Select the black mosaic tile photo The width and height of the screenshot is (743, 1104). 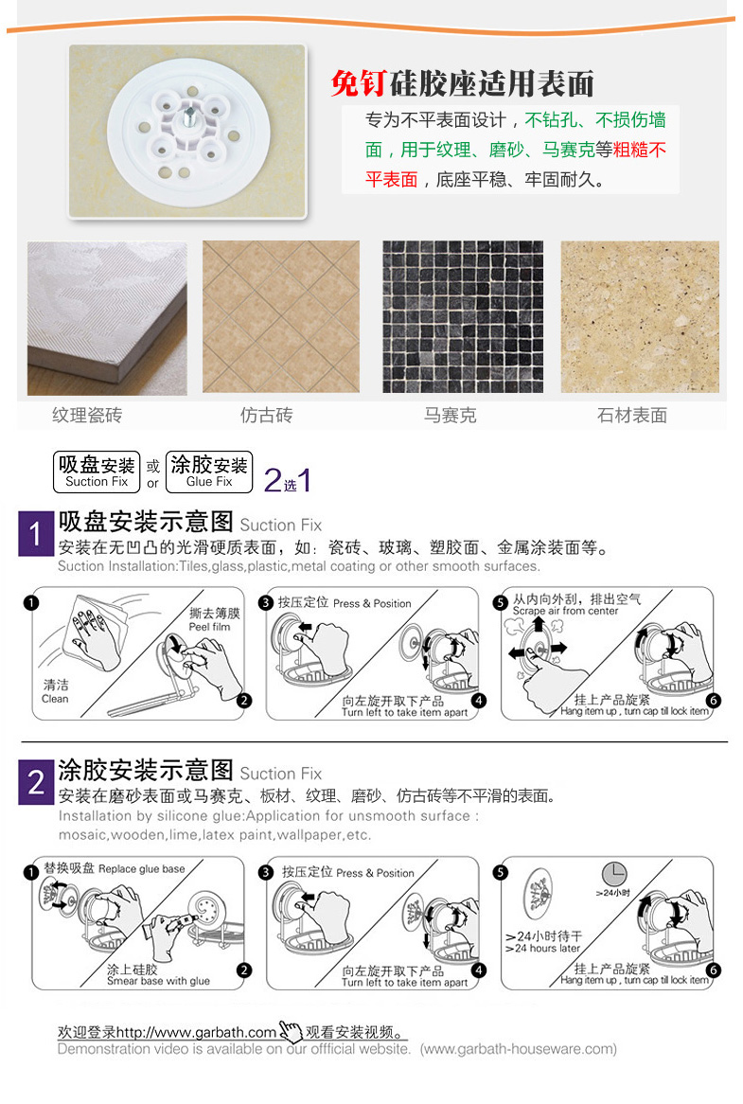click(x=463, y=317)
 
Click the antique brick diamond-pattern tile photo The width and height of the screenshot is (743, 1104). click(x=281, y=317)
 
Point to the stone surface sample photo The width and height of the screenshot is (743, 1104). click(x=640, y=317)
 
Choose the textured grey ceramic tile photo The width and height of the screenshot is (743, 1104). click(x=107, y=318)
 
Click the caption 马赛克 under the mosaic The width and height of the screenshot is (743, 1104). click(x=451, y=416)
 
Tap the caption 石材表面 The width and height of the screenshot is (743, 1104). click(x=632, y=416)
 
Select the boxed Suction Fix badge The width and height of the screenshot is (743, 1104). click(x=97, y=472)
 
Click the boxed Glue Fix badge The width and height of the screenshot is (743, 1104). click(x=209, y=472)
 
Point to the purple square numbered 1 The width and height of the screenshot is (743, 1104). click(x=36, y=534)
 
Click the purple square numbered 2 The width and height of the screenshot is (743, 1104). click(x=36, y=782)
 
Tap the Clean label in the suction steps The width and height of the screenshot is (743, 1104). click(x=55, y=699)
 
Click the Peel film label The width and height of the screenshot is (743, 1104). click(x=209, y=627)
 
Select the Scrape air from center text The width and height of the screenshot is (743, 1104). click(x=565, y=611)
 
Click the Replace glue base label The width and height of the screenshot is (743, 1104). click(x=141, y=869)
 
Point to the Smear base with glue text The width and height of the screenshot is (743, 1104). click(x=158, y=981)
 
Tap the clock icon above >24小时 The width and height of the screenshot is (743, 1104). click(x=614, y=874)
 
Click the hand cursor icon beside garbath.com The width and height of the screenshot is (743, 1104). click(x=291, y=1031)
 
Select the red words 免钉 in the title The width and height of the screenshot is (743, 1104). click(x=359, y=83)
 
